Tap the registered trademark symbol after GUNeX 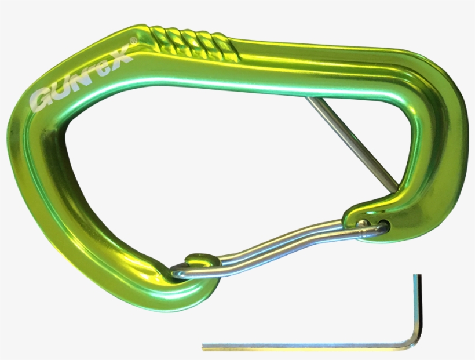[133, 41]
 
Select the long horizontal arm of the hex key [307, 347]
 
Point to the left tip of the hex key [204, 348]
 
